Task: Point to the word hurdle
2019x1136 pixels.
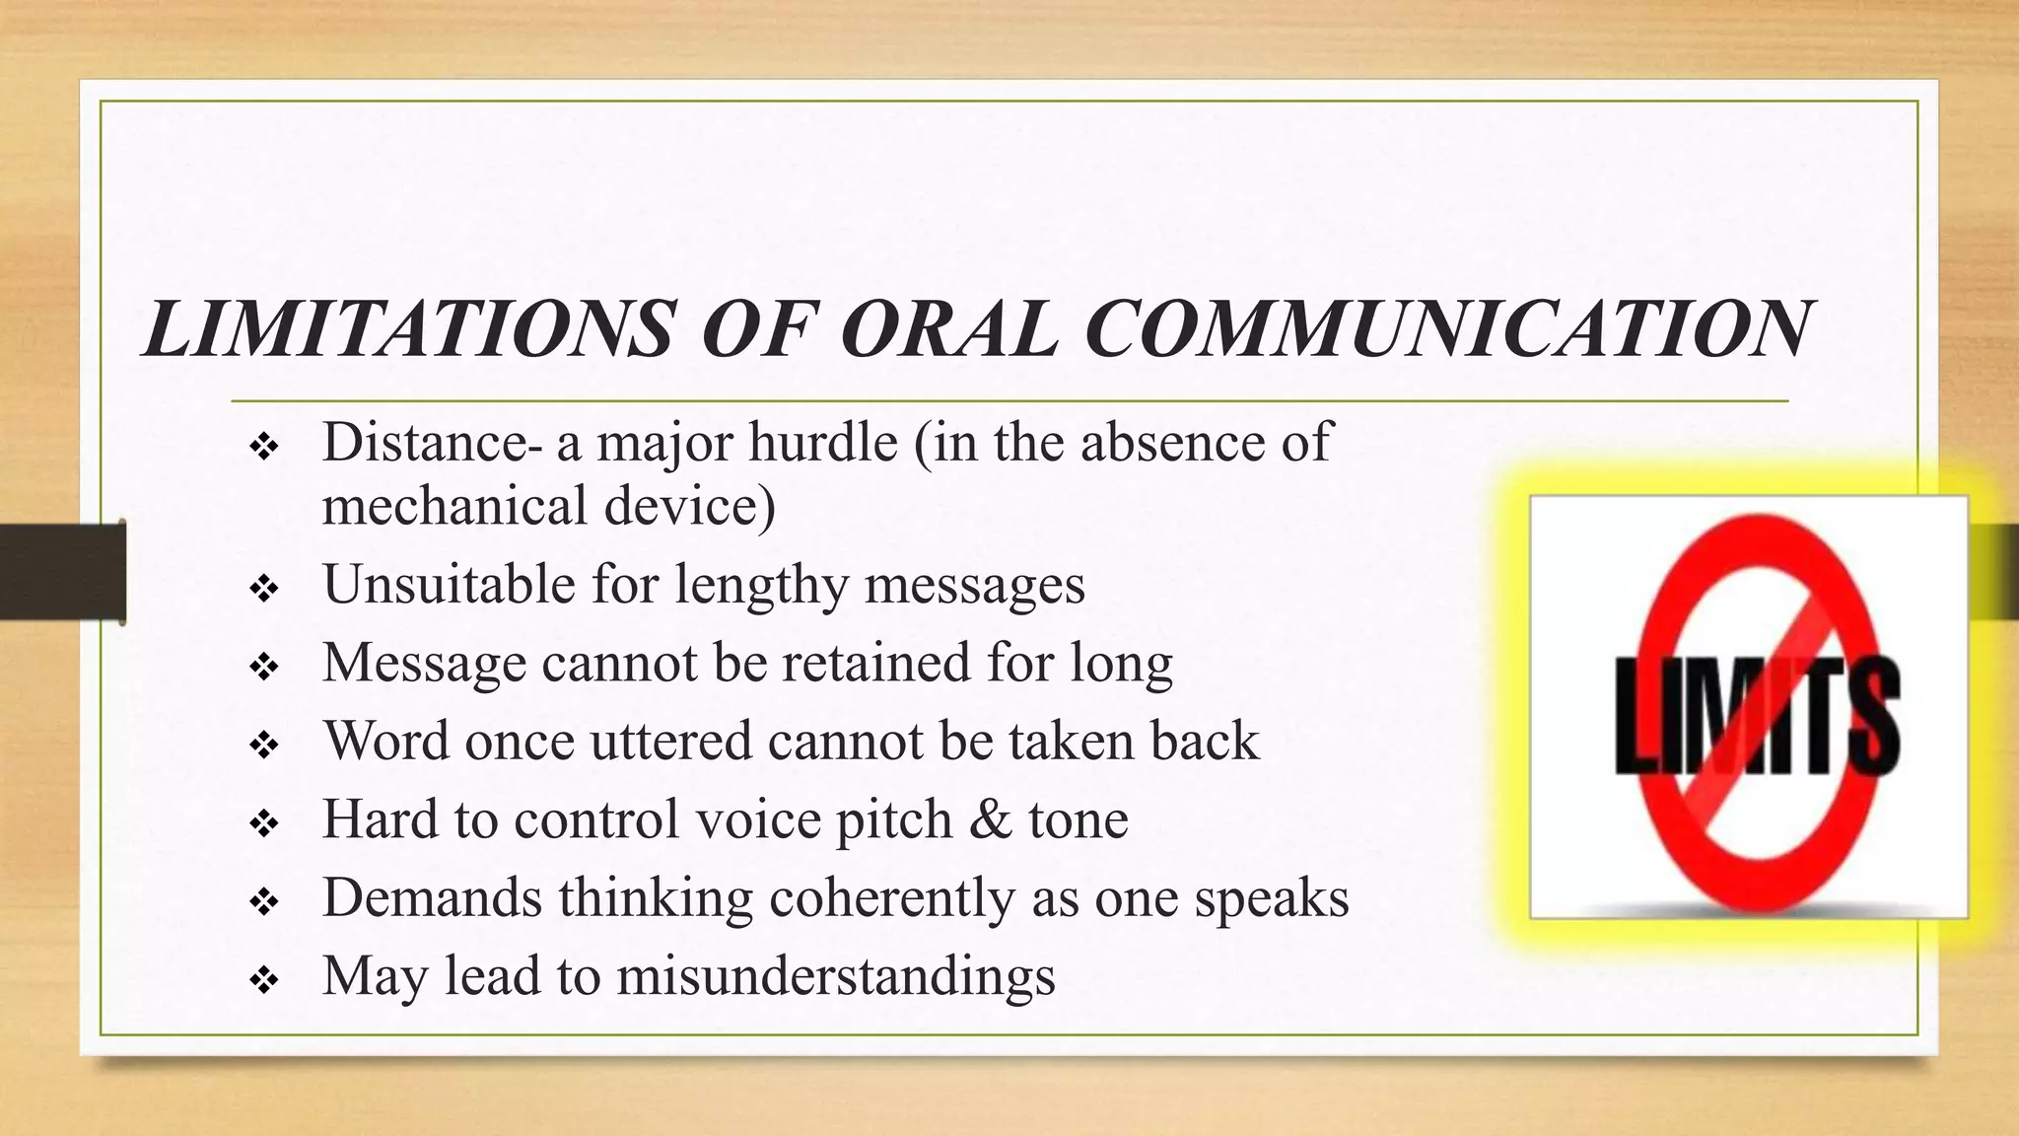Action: tap(822, 442)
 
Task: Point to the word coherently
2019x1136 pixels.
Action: tap(891, 898)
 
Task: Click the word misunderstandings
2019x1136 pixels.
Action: tap(836, 976)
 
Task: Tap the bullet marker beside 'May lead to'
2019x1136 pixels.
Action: tap(265, 980)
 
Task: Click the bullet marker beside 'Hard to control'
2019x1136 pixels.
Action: tap(265, 823)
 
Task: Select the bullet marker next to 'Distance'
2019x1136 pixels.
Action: tap(265, 448)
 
